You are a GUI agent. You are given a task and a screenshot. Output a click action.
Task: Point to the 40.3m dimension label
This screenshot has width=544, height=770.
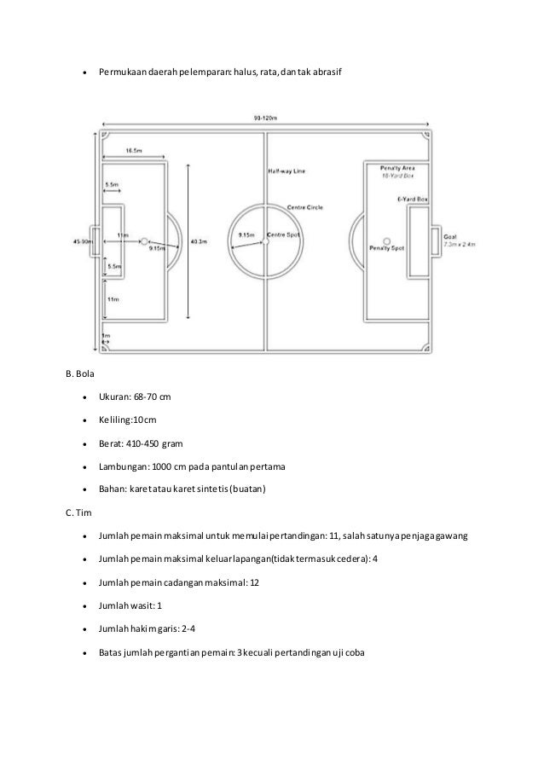point(199,242)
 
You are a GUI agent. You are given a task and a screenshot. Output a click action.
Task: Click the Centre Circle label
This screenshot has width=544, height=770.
point(304,207)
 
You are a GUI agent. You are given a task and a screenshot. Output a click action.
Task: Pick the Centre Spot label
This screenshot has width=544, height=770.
point(281,234)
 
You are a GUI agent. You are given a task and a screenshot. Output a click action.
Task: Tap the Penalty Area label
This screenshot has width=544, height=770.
point(396,169)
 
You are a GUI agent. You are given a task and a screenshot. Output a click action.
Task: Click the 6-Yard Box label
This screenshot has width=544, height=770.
point(412,199)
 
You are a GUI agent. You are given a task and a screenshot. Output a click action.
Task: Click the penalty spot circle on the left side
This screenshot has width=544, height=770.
point(143,241)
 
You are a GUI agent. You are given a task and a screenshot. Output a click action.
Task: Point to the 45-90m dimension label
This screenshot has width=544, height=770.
point(84,242)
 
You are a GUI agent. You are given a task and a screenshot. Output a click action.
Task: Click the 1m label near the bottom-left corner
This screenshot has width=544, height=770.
point(106,336)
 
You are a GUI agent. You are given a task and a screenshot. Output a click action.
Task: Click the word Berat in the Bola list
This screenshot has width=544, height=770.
point(110,443)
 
